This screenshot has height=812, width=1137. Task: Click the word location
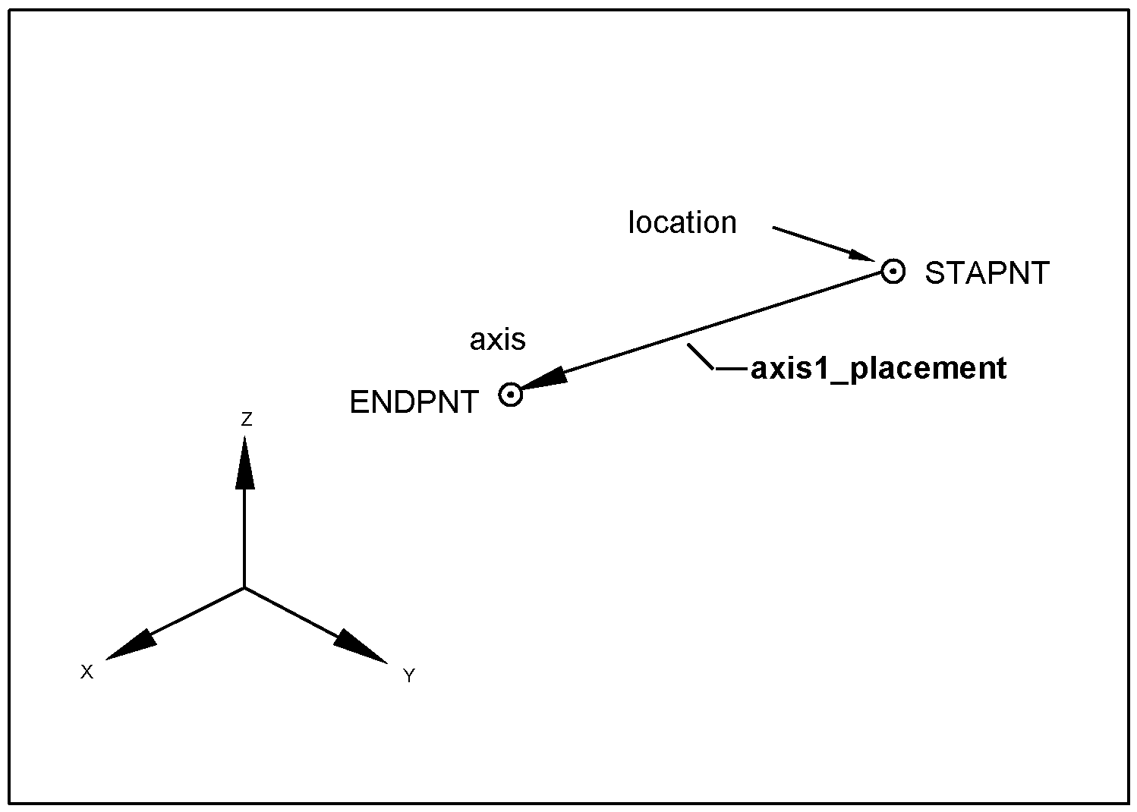coord(682,222)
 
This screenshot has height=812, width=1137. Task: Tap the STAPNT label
coord(986,273)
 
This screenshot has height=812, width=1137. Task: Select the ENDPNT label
coord(414,402)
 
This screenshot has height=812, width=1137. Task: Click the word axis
coord(497,339)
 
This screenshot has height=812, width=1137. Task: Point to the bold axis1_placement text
coord(878,368)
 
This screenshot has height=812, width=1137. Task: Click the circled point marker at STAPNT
coord(893,271)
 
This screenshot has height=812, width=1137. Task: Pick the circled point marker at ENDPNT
coord(511,395)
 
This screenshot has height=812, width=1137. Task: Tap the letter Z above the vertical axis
coord(246,419)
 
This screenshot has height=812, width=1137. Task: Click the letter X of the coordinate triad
coord(87,672)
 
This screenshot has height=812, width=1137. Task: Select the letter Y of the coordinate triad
coord(409,675)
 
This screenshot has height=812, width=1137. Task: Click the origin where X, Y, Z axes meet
coord(244,587)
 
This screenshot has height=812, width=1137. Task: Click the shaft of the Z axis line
coord(244,539)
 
